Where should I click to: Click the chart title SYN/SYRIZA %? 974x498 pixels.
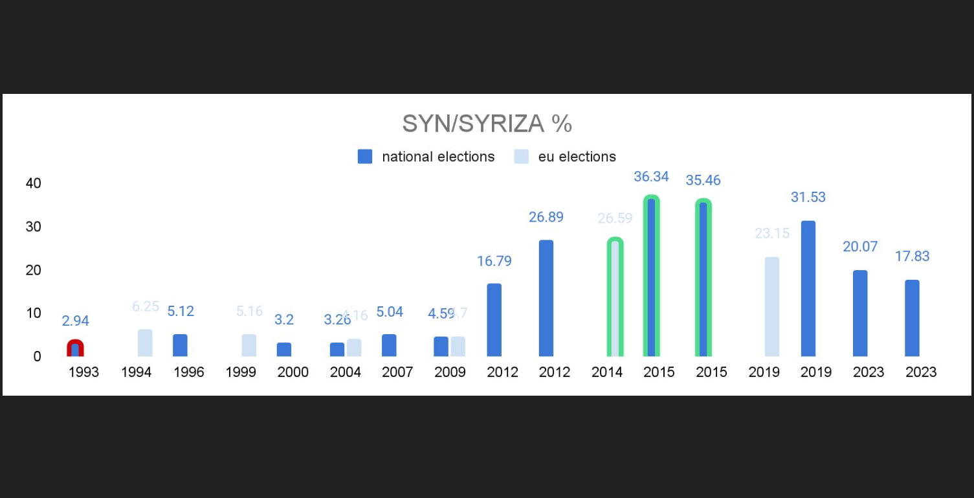point(487,123)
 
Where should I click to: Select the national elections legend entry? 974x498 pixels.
point(426,157)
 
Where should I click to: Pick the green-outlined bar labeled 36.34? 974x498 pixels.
point(651,277)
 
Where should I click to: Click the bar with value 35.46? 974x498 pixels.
point(703,279)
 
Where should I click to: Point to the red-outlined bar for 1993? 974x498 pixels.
point(76,348)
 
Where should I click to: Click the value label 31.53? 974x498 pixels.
point(808,197)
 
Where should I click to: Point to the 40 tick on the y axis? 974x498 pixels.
point(33,183)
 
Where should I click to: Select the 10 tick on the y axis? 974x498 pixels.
point(33,313)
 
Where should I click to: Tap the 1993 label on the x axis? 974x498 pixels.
point(83,372)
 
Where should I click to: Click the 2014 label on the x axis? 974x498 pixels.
point(607,372)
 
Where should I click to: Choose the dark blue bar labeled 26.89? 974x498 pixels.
point(546,298)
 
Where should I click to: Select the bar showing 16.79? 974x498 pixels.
point(494,320)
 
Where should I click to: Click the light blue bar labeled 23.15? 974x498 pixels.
point(772,306)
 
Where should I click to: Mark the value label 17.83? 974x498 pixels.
point(912,256)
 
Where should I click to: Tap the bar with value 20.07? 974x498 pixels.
point(860,313)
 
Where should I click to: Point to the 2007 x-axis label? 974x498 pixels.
point(397,372)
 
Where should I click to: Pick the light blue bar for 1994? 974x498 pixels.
point(145,343)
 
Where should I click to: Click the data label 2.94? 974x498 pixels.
point(76,321)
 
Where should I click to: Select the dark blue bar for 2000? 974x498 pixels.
point(284,349)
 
